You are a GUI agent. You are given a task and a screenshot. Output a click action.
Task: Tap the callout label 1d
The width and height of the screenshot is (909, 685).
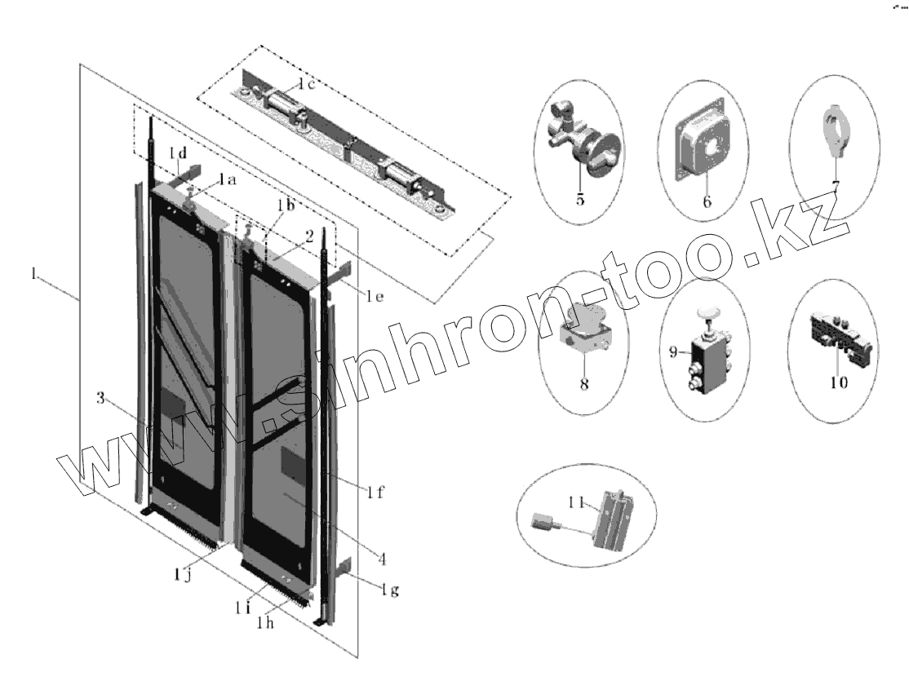coord(177,153)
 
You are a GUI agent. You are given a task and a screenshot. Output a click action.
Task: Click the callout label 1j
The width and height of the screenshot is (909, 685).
coord(183,577)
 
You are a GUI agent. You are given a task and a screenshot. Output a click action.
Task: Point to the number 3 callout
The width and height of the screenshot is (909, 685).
coord(100,398)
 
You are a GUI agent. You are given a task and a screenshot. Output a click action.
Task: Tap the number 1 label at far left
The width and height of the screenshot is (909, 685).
coord(33,276)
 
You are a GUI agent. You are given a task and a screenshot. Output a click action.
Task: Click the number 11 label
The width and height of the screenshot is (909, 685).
coord(579,504)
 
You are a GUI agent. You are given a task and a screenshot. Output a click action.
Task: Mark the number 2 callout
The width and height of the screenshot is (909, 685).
coord(310,236)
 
